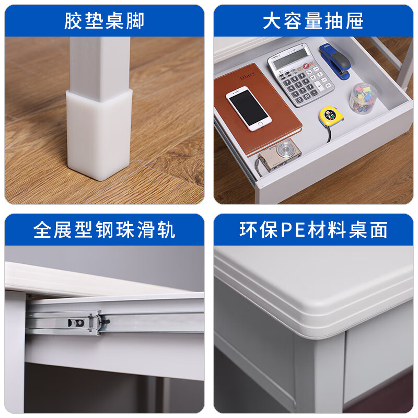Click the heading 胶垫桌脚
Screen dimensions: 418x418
point(104,21)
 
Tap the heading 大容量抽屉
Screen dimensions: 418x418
point(313,21)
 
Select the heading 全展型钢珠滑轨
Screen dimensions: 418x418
point(104,230)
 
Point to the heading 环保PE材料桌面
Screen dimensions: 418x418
point(313,230)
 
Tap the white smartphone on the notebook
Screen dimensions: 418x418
point(248,109)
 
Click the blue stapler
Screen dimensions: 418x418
point(335,60)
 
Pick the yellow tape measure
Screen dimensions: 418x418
point(331,116)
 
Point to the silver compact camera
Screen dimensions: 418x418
point(279,155)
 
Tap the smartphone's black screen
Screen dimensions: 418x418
point(248,109)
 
